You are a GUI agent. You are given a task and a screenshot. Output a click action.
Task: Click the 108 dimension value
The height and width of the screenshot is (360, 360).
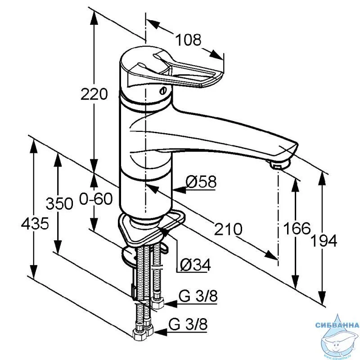click(188, 40)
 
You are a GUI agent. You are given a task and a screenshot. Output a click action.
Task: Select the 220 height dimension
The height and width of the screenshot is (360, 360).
click(94, 94)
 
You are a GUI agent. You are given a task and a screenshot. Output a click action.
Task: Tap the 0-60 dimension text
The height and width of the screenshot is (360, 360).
click(96, 198)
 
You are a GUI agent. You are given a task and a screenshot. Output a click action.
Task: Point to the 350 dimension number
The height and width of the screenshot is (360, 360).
click(59, 203)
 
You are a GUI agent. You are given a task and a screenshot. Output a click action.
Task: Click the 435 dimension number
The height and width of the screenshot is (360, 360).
click(35, 223)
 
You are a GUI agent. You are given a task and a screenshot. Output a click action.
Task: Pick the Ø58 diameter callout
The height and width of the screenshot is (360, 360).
click(201, 182)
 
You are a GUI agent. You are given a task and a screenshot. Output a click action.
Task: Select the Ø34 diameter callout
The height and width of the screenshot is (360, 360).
click(195, 265)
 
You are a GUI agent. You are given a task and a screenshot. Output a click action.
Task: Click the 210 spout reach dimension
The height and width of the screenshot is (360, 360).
click(228, 229)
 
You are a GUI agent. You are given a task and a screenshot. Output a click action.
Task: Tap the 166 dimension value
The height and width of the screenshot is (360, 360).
click(297, 229)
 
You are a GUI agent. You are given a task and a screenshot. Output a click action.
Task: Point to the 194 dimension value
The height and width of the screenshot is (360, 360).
click(324, 241)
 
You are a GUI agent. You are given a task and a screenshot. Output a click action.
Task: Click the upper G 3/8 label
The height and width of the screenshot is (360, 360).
click(198, 296)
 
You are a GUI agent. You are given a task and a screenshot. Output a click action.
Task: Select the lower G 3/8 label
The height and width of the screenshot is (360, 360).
click(188, 324)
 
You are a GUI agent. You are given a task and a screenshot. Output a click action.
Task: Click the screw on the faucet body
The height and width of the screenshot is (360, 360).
click(163, 91)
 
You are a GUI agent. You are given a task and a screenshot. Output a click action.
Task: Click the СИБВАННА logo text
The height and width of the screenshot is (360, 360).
click(337, 325)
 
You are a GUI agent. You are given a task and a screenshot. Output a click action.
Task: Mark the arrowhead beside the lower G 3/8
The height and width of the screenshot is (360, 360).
click(160, 332)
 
